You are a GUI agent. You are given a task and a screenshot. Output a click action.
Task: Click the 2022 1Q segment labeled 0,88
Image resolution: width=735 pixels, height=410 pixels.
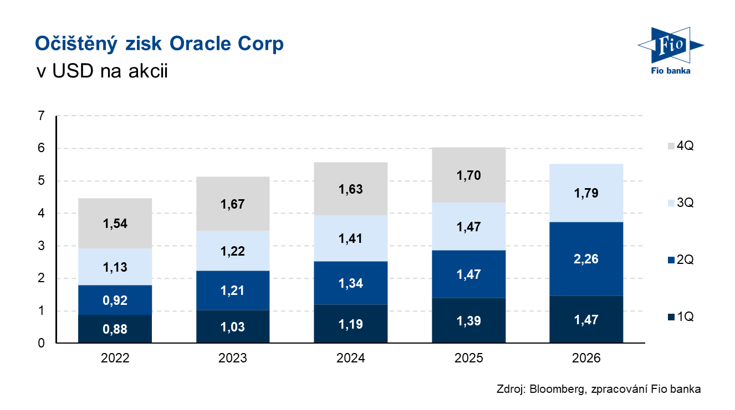[x=115, y=329]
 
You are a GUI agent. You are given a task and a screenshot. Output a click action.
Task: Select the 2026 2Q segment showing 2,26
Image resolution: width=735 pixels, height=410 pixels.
[x=586, y=259]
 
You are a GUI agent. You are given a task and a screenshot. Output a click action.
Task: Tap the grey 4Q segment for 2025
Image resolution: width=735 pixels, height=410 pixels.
[x=468, y=175]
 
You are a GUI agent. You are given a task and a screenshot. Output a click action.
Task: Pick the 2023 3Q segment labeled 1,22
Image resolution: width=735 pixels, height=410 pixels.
[x=233, y=251]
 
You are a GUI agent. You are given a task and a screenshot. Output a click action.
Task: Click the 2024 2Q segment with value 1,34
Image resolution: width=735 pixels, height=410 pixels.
[x=350, y=283]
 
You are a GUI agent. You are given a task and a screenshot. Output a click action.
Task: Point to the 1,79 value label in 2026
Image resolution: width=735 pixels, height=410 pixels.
[x=586, y=193]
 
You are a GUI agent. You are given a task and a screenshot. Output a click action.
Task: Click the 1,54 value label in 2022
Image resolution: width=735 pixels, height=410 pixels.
[x=115, y=224]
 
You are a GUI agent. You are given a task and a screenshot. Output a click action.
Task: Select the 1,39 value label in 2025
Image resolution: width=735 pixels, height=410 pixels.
[x=468, y=320]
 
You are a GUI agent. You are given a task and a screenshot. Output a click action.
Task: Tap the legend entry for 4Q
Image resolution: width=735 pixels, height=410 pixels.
[x=681, y=146]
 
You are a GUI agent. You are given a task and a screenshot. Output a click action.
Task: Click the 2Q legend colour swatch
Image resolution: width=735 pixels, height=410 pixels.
[x=671, y=260]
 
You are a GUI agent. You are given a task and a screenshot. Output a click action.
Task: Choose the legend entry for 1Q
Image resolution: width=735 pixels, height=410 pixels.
[x=681, y=316]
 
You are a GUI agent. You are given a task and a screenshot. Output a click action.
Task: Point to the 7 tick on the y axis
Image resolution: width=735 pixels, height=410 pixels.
[x=42, y=116]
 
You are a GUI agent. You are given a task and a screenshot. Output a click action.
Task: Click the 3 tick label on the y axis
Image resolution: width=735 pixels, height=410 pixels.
[x=42, y=246]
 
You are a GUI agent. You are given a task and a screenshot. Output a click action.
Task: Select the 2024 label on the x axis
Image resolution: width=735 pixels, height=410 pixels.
[x=350, y=358]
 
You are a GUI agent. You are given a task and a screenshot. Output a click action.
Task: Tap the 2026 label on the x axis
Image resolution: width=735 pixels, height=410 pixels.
[x=586, y=358]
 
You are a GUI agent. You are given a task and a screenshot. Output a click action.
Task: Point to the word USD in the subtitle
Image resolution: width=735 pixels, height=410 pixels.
[x=73, y=71]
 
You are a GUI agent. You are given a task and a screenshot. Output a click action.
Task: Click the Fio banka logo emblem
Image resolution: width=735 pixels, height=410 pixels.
[x=671, y=45]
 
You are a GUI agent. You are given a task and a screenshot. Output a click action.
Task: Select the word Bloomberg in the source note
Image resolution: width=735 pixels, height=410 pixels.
[x=558, y=389]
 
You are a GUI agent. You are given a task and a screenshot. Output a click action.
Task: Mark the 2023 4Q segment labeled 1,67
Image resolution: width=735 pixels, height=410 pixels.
[x=233, y=204]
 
